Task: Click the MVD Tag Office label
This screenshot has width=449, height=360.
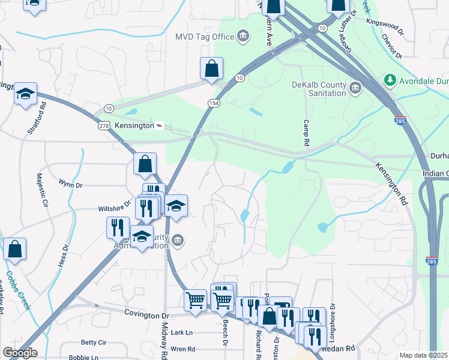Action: point(204,37)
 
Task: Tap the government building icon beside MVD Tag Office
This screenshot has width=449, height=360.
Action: point(243,37)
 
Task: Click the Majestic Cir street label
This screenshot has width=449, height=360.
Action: point(41,190)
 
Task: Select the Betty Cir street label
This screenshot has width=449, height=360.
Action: point(93,343)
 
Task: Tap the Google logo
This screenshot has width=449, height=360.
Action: point(20,353)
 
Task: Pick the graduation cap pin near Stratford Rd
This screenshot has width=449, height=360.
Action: point(26,94)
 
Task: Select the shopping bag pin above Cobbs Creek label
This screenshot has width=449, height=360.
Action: point(14,249)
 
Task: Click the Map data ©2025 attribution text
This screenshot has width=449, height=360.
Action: point(424,355)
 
